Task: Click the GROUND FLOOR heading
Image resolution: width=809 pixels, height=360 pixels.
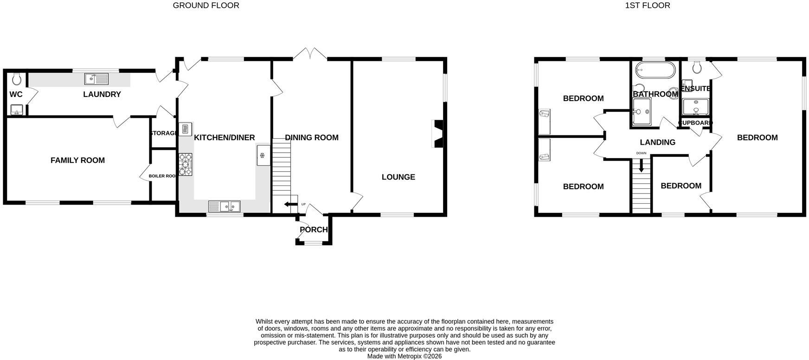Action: (206, 6)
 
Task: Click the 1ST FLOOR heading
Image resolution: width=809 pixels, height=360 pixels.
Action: (648, 6)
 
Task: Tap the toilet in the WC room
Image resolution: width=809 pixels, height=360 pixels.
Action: (17, 79)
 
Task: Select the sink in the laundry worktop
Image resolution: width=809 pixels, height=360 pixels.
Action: (96, 79)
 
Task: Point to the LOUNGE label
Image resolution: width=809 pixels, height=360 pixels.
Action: (398, 177)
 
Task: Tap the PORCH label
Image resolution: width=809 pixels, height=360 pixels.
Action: (314, 230)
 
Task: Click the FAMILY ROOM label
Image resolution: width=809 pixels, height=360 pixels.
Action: (77, 161)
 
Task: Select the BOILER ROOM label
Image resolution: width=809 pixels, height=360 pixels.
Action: (163, 176)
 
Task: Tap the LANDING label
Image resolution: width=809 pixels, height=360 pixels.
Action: (657, 142)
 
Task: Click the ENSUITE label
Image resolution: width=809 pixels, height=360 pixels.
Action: (696, 89)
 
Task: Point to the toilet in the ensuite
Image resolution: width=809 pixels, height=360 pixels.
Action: (696, 68)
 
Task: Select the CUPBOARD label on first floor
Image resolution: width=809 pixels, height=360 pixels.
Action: (695, 123)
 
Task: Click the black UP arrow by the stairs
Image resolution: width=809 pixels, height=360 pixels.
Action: (291, 204)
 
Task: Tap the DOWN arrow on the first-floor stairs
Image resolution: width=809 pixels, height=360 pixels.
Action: (642, 166)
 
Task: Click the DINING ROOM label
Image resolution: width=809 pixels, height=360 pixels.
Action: (312, 138)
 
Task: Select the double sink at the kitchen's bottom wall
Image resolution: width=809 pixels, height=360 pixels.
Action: (224, 206)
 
